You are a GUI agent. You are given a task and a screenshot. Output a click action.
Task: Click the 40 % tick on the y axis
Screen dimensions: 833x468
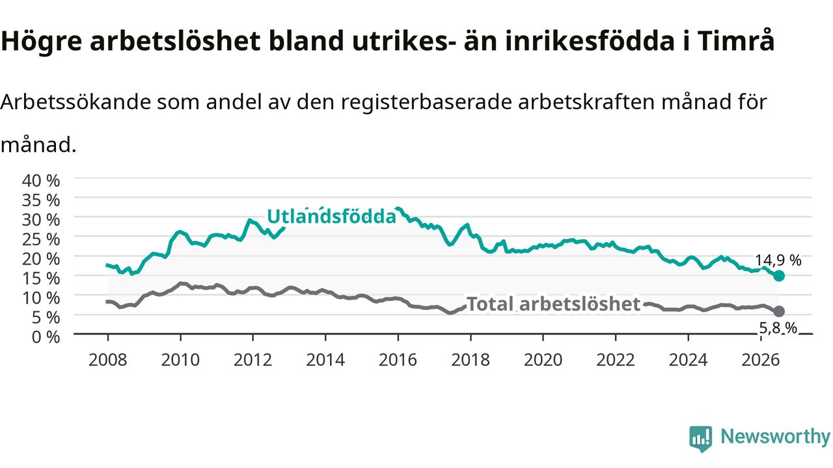click(x=41, y=181)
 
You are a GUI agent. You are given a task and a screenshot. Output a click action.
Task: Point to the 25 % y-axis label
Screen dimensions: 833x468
click(x=41, y=240)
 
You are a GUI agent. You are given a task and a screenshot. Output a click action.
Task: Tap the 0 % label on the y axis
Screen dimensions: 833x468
click(x=46, y=337)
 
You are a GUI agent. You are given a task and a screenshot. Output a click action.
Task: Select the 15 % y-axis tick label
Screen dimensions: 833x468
click(x=41, y=279)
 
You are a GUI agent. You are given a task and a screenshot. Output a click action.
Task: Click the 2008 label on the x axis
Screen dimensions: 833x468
click(x=107, y=360)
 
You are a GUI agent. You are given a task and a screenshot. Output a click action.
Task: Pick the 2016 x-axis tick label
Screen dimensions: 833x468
click(x=398, y=360)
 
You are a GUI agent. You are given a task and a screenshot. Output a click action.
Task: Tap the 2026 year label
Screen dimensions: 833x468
click(x=761, y=360)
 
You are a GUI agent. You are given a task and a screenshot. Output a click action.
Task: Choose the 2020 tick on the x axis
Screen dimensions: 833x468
click(x=543, y=360)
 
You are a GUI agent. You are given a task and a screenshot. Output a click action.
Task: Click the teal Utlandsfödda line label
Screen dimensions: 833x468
click(x=331, y=216)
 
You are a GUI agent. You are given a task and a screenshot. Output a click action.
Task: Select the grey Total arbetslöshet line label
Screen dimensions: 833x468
click(x=553, y=304)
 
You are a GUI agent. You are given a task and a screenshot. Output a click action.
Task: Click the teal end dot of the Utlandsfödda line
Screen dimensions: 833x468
click(x=779, y=276)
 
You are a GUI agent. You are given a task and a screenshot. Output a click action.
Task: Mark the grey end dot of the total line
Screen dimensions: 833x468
click(x=779, y=311)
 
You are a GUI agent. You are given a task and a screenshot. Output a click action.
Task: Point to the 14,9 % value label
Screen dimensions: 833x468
click(x=778, y=261)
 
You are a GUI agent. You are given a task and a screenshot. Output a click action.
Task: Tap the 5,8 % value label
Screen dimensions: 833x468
click(x=778, y=328)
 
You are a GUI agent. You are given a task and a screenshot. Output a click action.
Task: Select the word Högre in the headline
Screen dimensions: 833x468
click(x=41, y=42)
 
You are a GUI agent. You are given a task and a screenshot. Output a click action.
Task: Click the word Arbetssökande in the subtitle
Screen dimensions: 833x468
click(x=75, y=102)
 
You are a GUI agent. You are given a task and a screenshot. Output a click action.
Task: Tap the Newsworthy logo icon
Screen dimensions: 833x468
click(x=701, y=439)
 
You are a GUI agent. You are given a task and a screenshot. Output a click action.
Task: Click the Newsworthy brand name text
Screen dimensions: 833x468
click(x=775, y=437)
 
